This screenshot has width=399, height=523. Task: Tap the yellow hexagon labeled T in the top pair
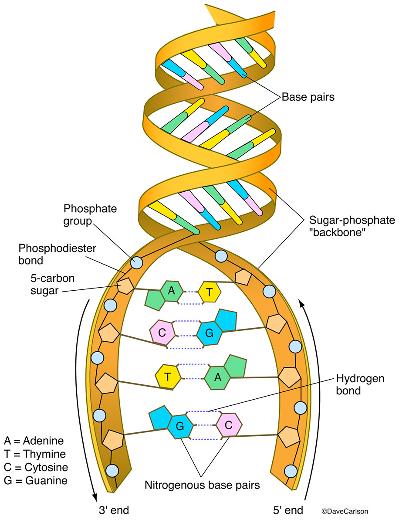[210, 292]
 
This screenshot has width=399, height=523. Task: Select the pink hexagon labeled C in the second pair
[162, 333]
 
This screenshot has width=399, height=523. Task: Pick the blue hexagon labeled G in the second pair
[209, 334]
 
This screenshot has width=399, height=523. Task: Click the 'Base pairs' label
[308, 97]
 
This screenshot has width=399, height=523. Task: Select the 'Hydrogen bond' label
[360, 384]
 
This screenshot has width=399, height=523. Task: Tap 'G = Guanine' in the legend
[35, 481]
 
